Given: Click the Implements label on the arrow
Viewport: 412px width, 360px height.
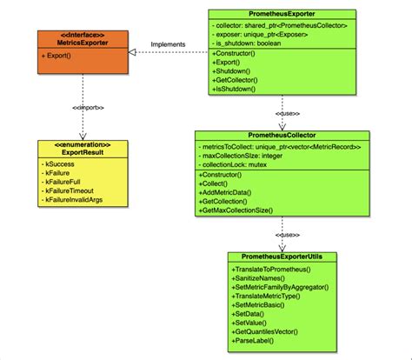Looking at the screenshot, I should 168,44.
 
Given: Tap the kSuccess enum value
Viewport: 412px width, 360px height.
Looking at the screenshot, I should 60,163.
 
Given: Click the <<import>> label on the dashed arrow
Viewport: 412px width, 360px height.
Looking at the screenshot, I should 83,110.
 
